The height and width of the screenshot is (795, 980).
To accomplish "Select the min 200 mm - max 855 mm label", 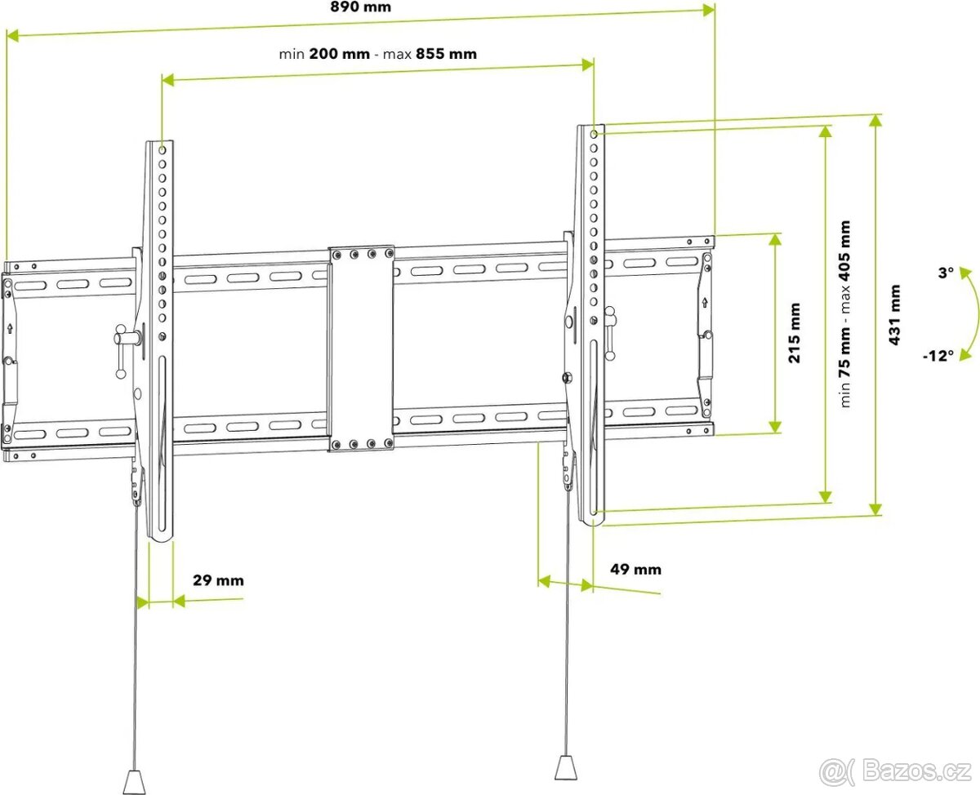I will click(x=377, y=54).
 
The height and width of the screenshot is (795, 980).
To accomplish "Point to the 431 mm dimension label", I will click(x=896, y=315).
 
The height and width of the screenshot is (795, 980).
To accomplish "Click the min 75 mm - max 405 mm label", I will click(x=844, y=314).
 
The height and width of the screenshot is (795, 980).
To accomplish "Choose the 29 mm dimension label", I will click(x=218, y=581).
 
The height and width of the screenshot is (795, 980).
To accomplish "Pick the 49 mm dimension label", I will click(x=636, y=569).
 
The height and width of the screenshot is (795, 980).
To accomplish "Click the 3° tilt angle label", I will click(x=945, y=273).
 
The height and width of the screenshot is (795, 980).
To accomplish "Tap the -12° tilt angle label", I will click(x=938, y=356).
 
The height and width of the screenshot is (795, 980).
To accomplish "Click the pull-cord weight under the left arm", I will click(x=133, y=779).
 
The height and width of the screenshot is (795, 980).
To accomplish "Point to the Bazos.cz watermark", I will click(x=898, y=771).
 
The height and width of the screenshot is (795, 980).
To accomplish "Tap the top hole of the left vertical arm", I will click(x=162, y=150).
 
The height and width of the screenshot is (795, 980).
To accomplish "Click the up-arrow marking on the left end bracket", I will click(x=9, y=329).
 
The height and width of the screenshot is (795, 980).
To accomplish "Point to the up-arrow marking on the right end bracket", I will click(x=704, y=304).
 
